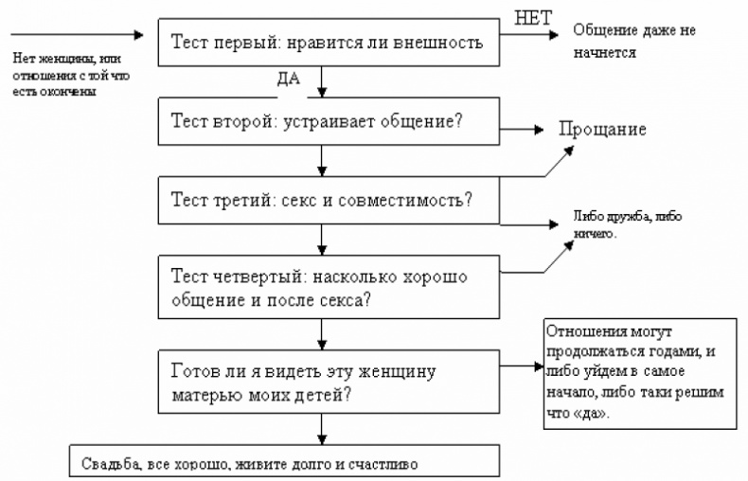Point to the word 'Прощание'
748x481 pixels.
(602, 130)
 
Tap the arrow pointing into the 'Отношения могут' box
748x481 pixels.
(520, 370)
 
